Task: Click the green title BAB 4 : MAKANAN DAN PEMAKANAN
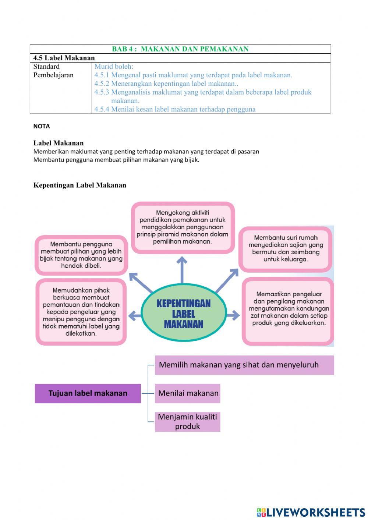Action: click(x=180, y=49)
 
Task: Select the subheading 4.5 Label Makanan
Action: click(x=64, y=58)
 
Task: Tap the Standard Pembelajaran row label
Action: click(x=53, y=71)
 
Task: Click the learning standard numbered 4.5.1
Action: click(x=193, y=75)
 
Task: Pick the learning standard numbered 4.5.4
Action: click(x=175, y=109)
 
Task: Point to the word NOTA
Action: click(x=42, y=126)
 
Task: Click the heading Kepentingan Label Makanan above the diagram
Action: click(x=79, y=185)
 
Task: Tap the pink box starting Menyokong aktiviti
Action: click(x=183, y=227)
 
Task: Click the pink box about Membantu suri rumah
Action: click(x=286, y=249)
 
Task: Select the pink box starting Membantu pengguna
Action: click(x=81, y=255)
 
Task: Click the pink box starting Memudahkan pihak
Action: click(x=81, y=312)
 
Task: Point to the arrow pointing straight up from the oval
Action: click(x=182, y=269)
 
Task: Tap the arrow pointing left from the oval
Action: click(x=134, y=315)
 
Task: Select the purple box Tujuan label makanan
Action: click(x=88, y=393)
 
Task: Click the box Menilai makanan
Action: click(x=188, y=393)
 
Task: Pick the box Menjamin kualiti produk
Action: click(x=187, y=422)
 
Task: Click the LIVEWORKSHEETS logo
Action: click(x=311, y=512)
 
